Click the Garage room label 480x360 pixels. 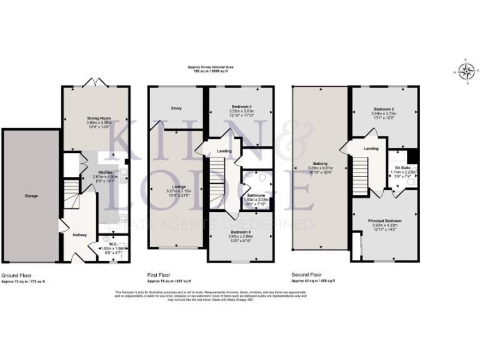click(31, 196)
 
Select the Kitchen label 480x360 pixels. click(105, 172)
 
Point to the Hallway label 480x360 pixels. click(79, 235)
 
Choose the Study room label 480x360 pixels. click(176, 108)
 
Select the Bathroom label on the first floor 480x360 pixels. click(256, 195)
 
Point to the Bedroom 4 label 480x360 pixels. click(241, 232)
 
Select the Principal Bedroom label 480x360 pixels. click(384, 221)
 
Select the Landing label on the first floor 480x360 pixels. click(224, 151)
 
